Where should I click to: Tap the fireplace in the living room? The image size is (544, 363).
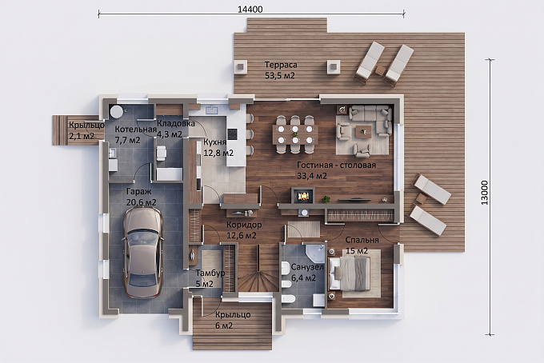303,196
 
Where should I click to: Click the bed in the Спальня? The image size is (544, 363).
350,273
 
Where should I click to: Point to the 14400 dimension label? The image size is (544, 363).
250,10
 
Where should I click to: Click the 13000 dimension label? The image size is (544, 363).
484,193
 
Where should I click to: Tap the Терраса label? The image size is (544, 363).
281,65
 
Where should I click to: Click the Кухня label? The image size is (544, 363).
214,142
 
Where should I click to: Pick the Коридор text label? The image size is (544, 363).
244,225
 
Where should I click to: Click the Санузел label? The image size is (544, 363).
307,267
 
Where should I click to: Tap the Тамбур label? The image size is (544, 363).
210,273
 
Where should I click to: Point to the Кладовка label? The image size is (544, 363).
176,123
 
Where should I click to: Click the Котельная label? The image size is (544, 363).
136,130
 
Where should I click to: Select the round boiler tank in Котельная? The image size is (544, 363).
116,112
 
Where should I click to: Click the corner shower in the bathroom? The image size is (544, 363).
314,253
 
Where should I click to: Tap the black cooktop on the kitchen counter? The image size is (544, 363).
233,134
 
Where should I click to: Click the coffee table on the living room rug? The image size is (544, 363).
363,132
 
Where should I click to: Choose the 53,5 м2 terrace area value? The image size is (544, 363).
280,76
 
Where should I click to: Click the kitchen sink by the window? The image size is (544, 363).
211,110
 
